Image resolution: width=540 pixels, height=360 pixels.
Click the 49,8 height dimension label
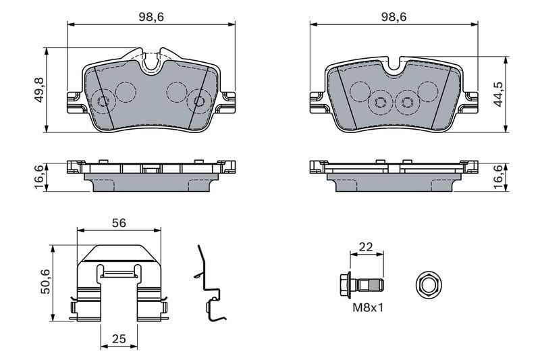pyautogui.click(x=38, y=89)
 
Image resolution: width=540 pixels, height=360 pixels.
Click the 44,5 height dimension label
pyautogui.click(x=498, y=95)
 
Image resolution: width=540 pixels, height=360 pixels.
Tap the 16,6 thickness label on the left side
pyautogui.click(x=38, y=177)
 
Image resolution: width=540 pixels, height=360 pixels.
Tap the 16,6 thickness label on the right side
pyautogui.click(x=498, y=177)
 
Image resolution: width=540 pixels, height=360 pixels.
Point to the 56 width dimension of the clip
pyautogui.click(x=119, y=222)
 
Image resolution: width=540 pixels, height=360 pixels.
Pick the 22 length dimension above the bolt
pyautogui.click(x=365, y=246)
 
